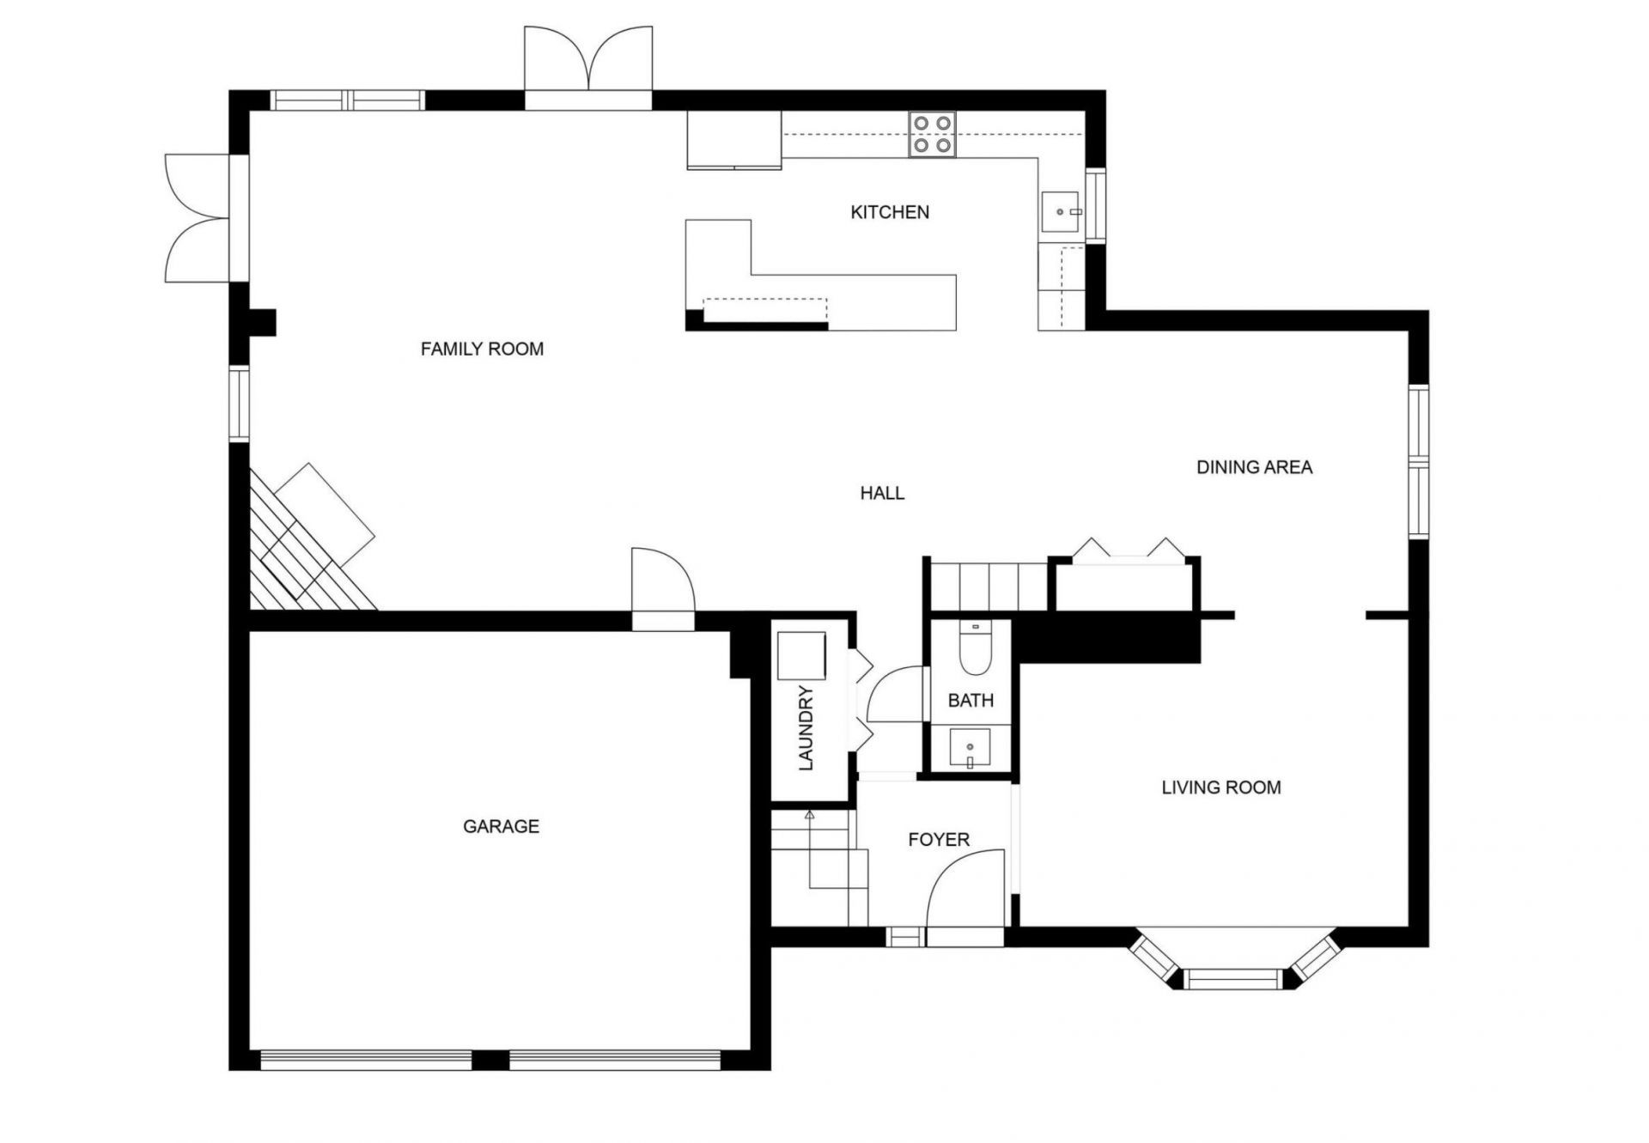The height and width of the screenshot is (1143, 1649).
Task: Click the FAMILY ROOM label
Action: [x=482, y=349]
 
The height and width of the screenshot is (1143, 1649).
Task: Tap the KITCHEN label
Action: [x=890, y=212]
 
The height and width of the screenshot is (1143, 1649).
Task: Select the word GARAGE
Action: [x=501, y=826]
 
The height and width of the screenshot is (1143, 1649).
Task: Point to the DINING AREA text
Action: [x=1254, y=467]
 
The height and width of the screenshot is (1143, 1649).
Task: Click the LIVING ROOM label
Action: [x=1220, y=787]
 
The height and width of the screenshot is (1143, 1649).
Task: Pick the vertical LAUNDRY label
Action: [x=806, y=728]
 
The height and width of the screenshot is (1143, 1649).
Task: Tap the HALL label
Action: [x=882, y=493]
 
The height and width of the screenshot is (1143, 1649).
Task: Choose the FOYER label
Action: [x=939, y=840]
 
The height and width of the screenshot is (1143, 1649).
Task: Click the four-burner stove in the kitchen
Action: [x=933, y=135]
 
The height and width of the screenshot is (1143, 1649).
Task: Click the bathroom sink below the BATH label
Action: [x=970, y=749]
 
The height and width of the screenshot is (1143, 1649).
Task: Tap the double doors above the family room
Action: [x=588, y=60]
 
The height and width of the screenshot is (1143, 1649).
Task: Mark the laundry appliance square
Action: [x=801, y=656]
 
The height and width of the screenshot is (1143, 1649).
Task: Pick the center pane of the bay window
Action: [x=1232, y=978]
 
